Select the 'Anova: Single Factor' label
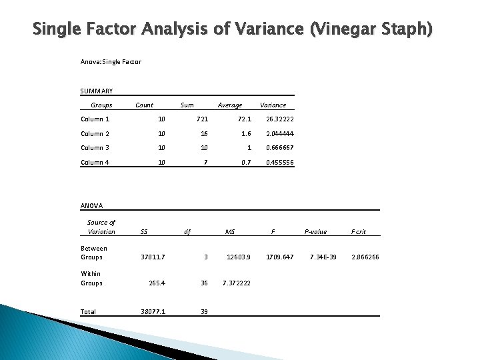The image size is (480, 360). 111,62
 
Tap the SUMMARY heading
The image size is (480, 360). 97,91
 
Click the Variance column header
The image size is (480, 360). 273,105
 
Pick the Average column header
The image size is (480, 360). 230,105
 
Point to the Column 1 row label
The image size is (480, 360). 95,119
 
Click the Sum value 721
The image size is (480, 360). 203,119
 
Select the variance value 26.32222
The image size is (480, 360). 280,119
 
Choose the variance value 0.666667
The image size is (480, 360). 280,148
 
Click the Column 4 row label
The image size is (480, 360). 95,163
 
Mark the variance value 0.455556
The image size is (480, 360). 280,163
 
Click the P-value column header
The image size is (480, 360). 315,232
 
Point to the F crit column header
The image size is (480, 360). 358,232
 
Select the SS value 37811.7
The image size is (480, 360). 153,257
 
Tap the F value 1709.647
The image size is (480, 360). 280,257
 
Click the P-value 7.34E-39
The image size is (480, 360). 323,257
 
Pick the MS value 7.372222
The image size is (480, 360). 237,283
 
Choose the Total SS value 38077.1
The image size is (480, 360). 153,311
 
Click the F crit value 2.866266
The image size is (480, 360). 365,257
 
